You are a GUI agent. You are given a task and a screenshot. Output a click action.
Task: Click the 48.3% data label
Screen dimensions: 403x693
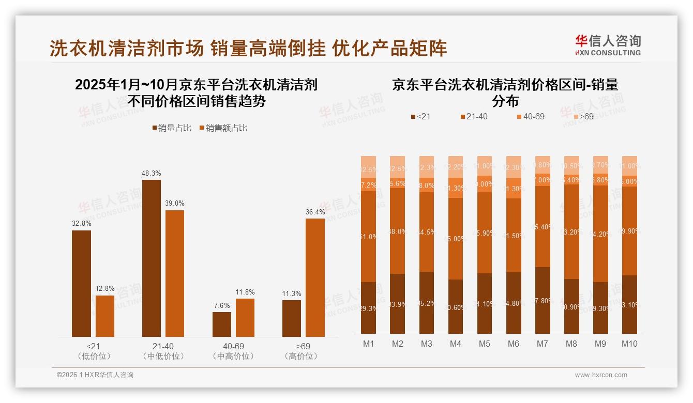point(151,174)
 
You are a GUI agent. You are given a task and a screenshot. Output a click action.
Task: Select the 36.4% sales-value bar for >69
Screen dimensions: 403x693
point(315,277)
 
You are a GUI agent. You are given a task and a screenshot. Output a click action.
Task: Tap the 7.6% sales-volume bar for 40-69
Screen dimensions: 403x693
point(221,324)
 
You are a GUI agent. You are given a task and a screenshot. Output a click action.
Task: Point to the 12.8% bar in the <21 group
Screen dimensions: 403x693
point(105,316)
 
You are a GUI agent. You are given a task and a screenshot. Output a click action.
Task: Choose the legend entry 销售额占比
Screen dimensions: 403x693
point(223,128)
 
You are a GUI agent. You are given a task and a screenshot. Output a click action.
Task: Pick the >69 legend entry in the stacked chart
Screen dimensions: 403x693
point(582,117)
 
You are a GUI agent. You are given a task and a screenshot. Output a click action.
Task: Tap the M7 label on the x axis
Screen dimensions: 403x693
point(543,344)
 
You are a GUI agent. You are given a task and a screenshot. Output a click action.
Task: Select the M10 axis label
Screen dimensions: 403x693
point(629,344)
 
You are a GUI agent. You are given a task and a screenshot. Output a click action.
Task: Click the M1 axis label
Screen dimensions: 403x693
point(368,344)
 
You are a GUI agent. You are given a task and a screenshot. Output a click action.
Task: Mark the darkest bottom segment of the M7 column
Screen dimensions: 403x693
point(543,300)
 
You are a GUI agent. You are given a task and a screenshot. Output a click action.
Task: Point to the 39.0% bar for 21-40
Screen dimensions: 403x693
point(175,273)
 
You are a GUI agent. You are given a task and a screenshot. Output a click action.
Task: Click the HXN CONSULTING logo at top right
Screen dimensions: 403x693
point(608,45)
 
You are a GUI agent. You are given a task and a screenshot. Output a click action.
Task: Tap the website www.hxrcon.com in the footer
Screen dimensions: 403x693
point(601,375)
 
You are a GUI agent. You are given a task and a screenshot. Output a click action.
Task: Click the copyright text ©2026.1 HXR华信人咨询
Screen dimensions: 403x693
point(95,375)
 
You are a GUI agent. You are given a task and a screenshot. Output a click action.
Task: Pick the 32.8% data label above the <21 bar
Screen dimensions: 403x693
point(81,224)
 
